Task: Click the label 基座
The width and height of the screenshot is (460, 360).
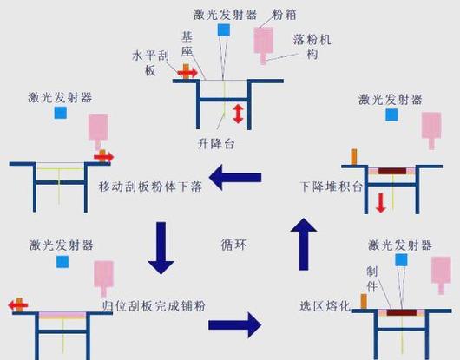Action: [187, 45]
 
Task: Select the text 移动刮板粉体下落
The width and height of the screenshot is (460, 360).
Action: [145, 186]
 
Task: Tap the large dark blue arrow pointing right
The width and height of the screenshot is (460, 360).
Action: [234, 325]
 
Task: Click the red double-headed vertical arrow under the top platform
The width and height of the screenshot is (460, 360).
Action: [237, 113]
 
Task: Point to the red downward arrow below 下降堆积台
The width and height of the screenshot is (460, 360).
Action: [381, 203]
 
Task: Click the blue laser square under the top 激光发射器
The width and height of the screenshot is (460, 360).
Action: [223, 30]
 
